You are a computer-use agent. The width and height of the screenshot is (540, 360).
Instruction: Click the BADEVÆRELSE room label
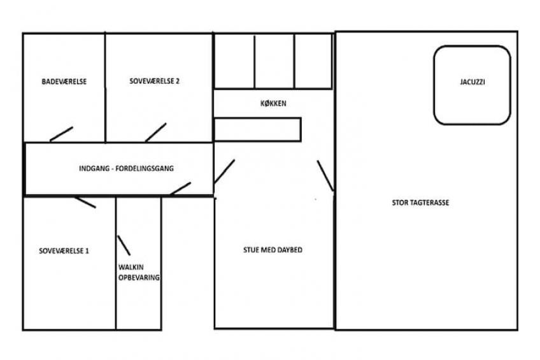pos(64,82)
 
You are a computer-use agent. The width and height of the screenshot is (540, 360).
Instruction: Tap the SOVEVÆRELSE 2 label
pos(154,81)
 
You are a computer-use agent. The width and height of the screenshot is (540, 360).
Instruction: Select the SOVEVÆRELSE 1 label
pos(64,251)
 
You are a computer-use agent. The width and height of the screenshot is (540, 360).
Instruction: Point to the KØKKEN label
pos(273,103)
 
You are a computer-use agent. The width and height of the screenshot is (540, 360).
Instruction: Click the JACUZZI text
pos(472,82)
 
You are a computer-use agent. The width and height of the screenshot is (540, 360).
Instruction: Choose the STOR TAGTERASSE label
pos(420,203)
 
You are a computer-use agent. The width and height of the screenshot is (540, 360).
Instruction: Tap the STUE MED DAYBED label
pos(273,250)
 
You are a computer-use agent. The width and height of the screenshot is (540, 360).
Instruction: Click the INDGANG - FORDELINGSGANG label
pos(126,168)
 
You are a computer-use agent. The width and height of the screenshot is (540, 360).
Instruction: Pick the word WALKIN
pos(131,267)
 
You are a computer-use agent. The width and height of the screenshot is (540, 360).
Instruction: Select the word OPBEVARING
pos(139,277)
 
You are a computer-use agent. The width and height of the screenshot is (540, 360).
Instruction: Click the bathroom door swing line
pos(61,134)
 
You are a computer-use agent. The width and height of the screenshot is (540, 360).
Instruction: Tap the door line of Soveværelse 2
pos(155,133)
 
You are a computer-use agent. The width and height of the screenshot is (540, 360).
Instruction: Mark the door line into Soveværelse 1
pos(85,202)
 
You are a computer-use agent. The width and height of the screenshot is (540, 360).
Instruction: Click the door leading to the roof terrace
pos(325,176)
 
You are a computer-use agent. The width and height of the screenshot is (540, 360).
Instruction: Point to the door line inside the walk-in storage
pos(124,245)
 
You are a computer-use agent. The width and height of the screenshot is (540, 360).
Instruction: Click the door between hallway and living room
pos(224,171)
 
